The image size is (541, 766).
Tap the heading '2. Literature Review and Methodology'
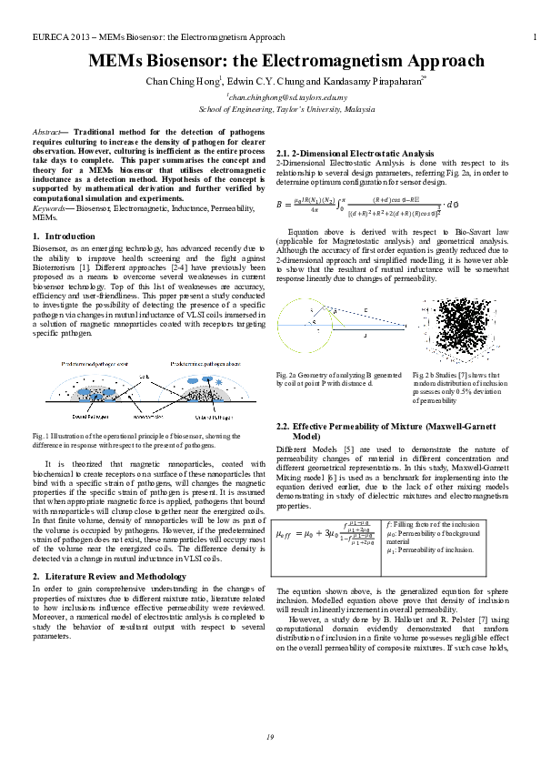tap(115, 578)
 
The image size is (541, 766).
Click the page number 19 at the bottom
tap(270, 735)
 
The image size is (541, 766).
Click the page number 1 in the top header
tap(532, 37)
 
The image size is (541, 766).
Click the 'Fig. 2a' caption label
tap(287, 374)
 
